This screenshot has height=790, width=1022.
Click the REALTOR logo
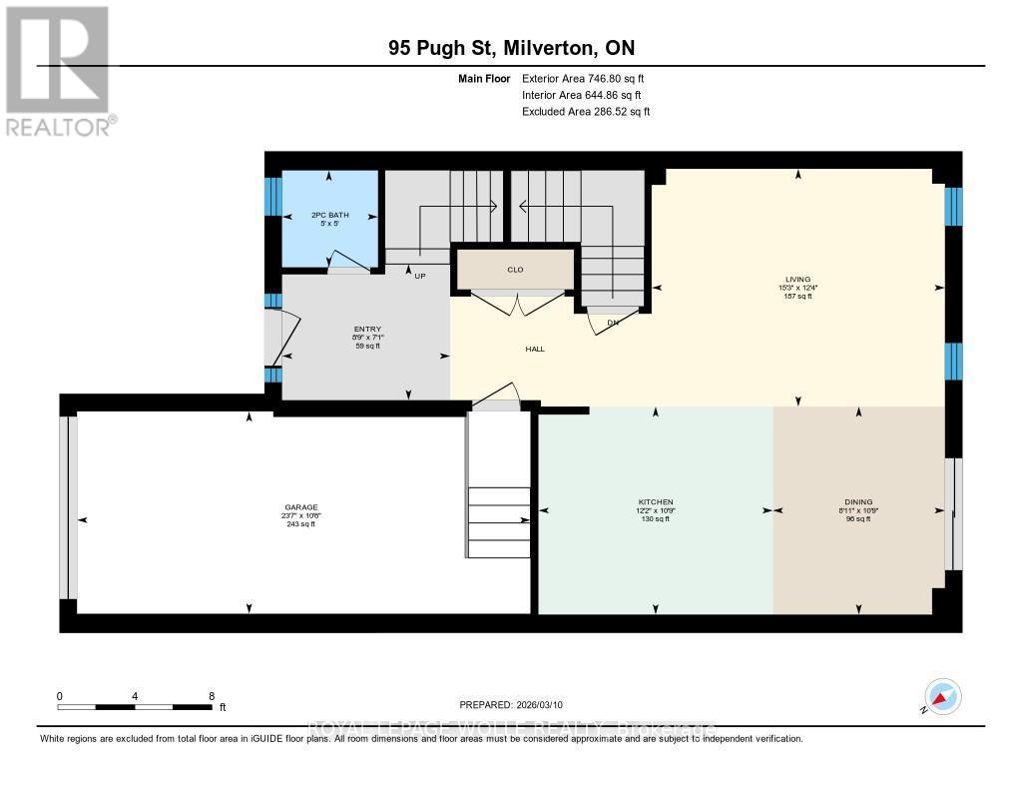[60, 71]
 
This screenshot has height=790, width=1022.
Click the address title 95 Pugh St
[445, 48]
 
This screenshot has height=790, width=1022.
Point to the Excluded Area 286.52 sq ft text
[586, 112]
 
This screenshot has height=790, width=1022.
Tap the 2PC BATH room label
[329, 215]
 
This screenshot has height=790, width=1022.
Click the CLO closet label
[515, 270]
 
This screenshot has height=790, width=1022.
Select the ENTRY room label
[367, 330]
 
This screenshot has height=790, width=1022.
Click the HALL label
[535, 349]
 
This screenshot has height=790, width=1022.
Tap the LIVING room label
[797, 280]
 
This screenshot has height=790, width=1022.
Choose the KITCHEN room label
[656, 501]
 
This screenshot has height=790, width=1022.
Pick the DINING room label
[858, 501]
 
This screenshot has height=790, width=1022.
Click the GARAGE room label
[300, 507]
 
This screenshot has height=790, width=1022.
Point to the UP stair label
[421, 277]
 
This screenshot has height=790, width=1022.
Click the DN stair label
[613, 323]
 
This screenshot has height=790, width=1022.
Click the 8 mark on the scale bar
[211, 695]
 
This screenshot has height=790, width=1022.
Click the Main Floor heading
[485, 78]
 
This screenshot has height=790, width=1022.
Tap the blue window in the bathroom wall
[272, 197]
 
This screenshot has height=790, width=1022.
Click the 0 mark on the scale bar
[60, 695]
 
